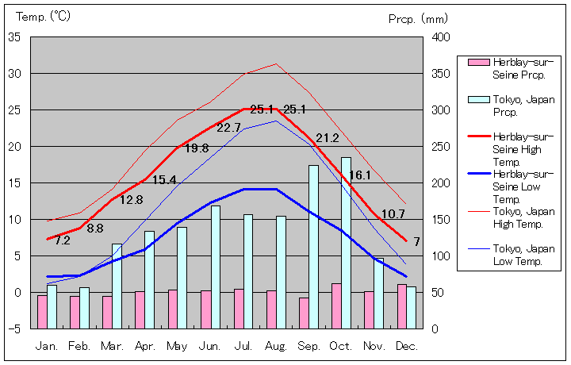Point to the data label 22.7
point(228,127)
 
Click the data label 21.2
point(327,138)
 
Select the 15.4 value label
point(163,180)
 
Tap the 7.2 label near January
point(62,240)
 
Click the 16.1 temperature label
point(360,175)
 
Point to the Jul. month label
point(243,346)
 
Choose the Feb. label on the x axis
point(79,346)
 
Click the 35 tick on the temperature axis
point(14,36)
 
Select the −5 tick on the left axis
point(14,328)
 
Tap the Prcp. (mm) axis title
point(418,18)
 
